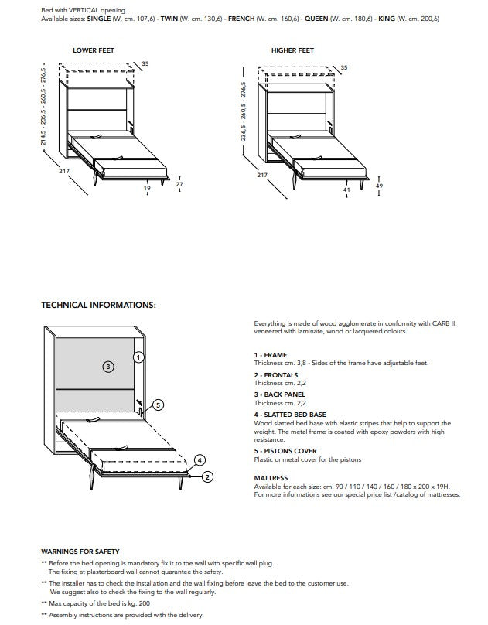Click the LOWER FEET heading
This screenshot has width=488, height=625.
click(93, 50)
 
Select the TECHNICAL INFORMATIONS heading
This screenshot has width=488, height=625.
click(98, 305)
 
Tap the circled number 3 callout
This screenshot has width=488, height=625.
click(108, 366)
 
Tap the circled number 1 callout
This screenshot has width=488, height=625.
click(138, 357)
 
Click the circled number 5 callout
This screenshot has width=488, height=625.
click(158, 405)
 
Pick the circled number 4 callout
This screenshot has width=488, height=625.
click(199, 459)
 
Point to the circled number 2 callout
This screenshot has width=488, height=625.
click(207, 477)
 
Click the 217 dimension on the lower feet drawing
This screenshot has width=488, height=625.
click(64, 171)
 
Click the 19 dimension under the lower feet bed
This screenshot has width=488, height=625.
click(147, 187)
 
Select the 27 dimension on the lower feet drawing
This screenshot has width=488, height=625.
click(179, 184)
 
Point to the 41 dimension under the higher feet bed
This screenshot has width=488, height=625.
click(346, 189)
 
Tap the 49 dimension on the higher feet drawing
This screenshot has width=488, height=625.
click(378, 186)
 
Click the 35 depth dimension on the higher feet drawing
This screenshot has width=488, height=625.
click(344, 68)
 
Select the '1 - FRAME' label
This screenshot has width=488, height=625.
click(270, 355)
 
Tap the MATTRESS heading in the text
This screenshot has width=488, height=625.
click(271, 478)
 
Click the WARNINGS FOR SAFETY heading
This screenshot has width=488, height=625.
click(80, 551)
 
